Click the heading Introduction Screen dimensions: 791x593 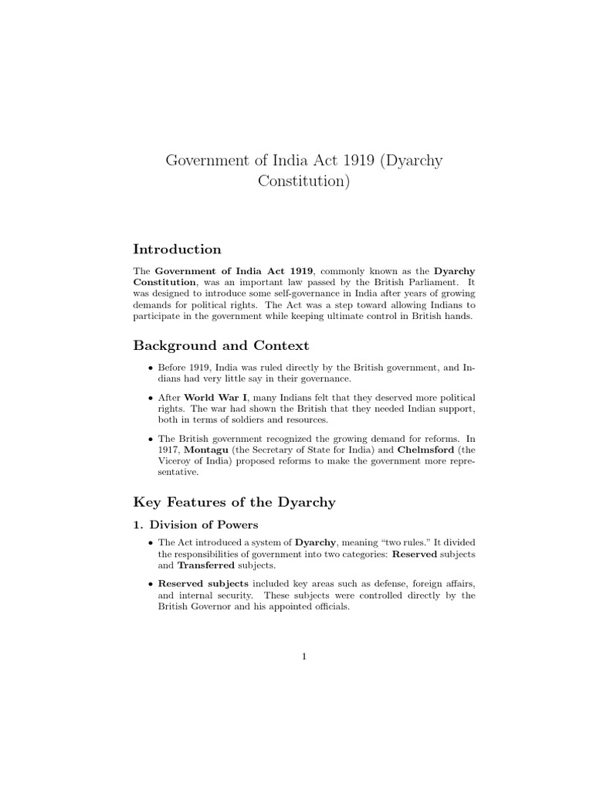(177, 250)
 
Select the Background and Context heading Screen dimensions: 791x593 (221, 345)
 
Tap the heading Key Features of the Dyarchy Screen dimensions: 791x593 (235, 502)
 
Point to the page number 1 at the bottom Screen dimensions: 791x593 (304, 657)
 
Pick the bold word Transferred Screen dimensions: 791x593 (205, 565)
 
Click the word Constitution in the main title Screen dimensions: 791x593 (303, 182)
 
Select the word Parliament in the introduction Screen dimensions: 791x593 (434, 283)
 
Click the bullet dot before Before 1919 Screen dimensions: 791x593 (150, 367)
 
